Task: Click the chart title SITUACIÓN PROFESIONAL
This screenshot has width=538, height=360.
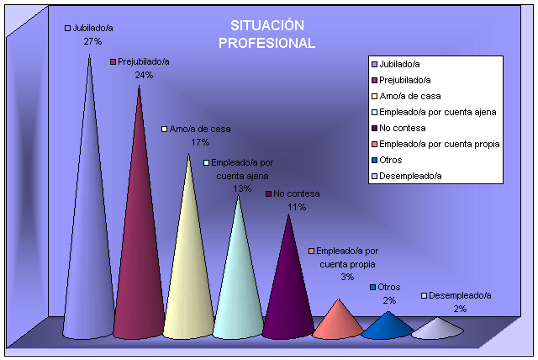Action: tap(266, 34)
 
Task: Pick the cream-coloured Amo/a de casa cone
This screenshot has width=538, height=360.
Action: tap(189, 269)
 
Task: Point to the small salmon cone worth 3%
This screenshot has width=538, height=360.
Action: tap(338, 322)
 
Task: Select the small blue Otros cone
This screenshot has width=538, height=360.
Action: tap(388, 326)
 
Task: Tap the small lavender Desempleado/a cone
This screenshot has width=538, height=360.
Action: tap(437, 329)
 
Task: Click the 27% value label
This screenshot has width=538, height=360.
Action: tap(92, 40)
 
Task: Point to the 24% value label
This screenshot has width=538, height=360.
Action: tap(144, 75)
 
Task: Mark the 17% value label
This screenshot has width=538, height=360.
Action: tap(200, 142)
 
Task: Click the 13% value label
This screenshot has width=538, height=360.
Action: tap(242, 188)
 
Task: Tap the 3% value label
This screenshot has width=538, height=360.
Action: tap(347, 277)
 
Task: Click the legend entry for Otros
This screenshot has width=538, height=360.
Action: tap(391, 160)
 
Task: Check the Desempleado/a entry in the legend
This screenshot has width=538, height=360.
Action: tap(410, 176)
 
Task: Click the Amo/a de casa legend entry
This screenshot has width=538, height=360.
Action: tap(404, 96)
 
